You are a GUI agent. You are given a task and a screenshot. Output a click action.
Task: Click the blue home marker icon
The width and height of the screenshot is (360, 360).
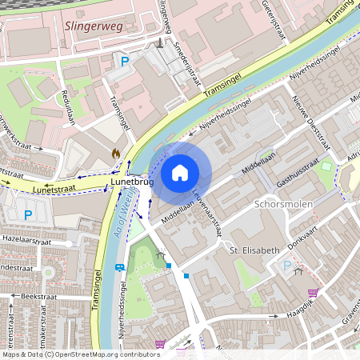[180, 173]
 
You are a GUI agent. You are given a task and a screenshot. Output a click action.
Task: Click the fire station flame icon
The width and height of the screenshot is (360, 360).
[117, 152]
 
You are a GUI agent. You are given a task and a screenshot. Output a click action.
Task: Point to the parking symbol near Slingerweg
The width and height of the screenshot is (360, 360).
[124, 60]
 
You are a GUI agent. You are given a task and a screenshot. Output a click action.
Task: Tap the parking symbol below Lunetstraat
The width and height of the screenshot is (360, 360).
[28, 214]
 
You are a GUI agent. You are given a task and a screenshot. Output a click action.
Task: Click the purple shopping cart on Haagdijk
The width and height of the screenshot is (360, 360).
[312, 292]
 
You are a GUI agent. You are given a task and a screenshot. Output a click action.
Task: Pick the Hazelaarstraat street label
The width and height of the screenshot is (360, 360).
[26, 239]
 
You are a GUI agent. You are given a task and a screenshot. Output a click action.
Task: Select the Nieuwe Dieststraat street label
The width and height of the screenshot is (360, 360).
[310, 124]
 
